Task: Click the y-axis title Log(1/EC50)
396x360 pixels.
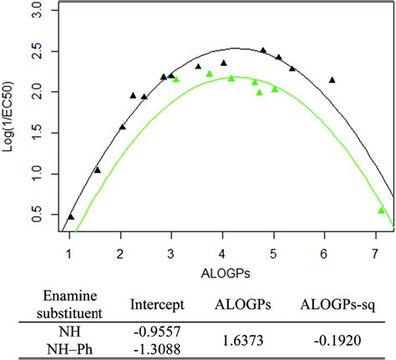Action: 11,120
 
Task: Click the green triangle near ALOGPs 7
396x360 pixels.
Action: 381,210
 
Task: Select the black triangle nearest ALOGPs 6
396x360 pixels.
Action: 332,80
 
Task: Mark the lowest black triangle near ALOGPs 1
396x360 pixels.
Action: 71,216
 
